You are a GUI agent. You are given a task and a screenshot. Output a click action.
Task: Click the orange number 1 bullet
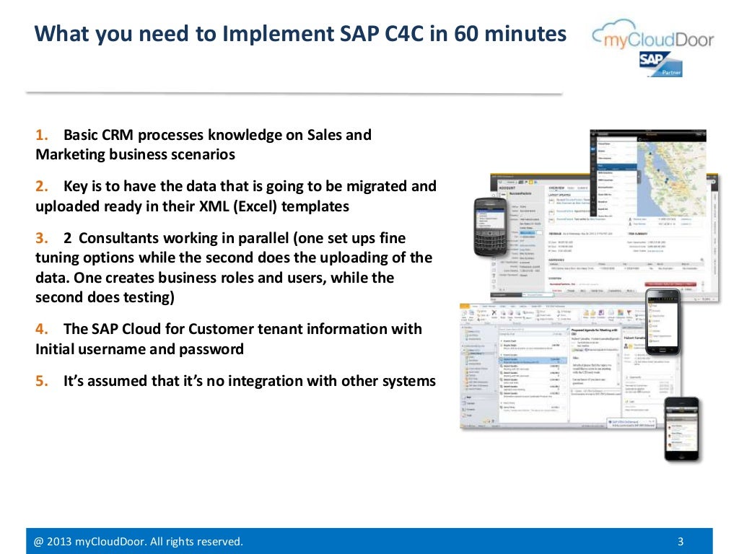point(40,135)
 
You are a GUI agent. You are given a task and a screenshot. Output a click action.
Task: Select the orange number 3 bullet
point(40,238)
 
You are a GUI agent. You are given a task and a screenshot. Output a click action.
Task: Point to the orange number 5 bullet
point(40,381)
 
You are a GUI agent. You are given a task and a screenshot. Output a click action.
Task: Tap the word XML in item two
point(209,206)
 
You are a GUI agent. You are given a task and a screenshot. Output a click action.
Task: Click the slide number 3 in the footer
point(681,542)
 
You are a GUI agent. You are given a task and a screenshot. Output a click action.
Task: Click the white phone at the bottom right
point(681,428)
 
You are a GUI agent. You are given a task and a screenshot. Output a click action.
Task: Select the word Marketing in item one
point(70,154)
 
